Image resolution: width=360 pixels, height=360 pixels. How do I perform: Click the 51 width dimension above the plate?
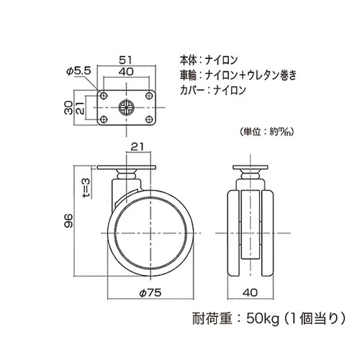click(x=125, y=61)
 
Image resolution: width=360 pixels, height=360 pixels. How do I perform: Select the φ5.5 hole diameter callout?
click(x=76, y=71)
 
